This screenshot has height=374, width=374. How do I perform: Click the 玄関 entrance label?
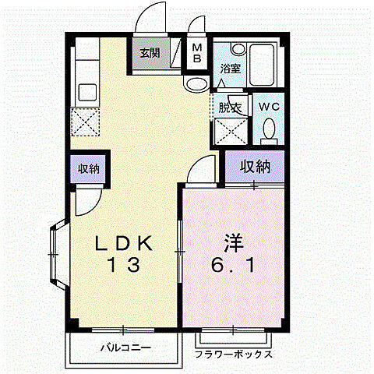pyautogui.click(x=150, y=54)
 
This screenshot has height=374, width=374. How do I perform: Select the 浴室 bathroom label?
pyautogui.click(x=231, y=69)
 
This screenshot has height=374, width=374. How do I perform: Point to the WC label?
pyautogui.click(x=269, y=105)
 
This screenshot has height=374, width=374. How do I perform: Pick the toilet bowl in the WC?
pyautogui.click(x=270, y=129)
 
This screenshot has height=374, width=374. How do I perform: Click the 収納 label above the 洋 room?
pyautogui.click(x=254, y=167)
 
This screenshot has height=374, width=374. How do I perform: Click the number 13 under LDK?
pyautogui.click(x=124, y=265)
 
